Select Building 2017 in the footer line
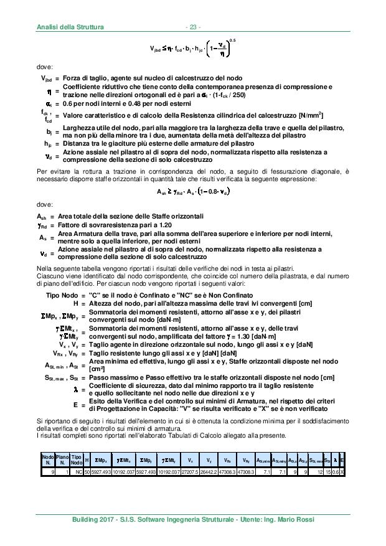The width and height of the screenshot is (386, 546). pyautogui.click(x=94, y=519)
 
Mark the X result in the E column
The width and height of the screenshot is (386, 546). pyautogui.click(x=343, y=472)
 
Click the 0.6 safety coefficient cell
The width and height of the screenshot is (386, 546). pyautogui.click(x=336, y=472)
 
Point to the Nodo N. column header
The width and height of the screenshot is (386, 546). pyautogui.click(x=47, y=461)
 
